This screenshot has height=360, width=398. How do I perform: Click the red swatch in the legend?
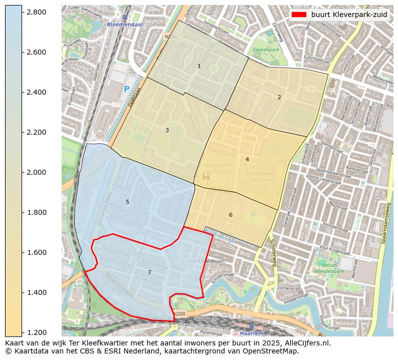[x=299, y=15]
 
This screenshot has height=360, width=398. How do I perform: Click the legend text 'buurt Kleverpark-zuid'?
[x=349, y=15]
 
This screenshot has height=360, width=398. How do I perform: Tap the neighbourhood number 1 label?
[x=199, y=66]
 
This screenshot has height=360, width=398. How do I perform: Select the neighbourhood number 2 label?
[x=279, y=97]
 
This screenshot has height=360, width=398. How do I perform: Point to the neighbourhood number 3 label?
[x=167, y=130]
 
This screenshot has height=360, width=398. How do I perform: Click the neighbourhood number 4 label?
[x=247, y=159]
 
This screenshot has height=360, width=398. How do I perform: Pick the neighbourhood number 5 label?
[x=127, y=202]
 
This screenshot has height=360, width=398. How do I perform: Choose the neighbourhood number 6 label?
[x=231, y=215]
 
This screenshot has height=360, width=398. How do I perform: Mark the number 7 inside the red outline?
[x=149, y=272]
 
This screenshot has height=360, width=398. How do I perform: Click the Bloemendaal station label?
[x=125, y=24]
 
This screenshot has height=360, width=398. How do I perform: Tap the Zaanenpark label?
[x=266, y=50]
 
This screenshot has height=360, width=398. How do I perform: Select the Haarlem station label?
[x=252, y=333]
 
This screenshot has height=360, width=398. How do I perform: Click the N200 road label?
[x=179, y=314]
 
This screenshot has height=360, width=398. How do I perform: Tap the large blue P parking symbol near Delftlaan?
[x=126, y=90]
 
